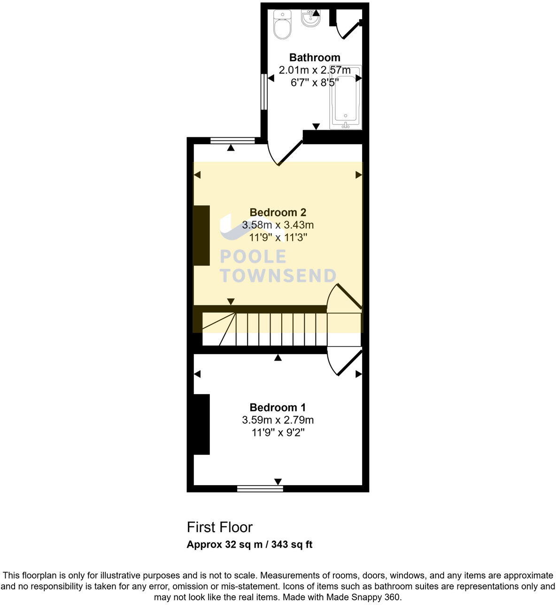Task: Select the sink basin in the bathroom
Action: click(310, 18)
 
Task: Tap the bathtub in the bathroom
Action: click(346, 97)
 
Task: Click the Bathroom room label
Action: click(315, 57)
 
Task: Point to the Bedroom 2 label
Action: click(278, 212)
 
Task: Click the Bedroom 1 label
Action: click(278, 407)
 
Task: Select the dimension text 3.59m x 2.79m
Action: click(278, 420)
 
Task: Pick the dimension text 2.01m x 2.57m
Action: click(315, 70)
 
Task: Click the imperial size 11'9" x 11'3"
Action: click(278, 238)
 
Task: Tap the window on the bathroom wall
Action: click(264, 92)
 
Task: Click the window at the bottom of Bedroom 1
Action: click(260, 489)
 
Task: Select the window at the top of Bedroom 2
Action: click(232, 140)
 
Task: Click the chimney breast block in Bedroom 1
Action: click(201, 424)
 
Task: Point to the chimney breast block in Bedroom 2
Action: click(201, 235)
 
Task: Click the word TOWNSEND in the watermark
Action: click(278, 275)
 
